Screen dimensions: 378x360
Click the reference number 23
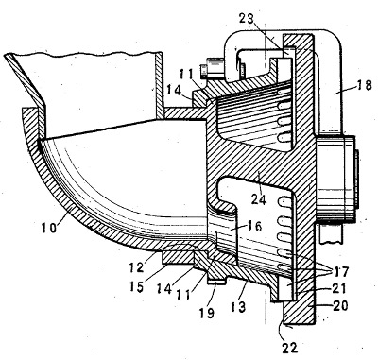pos(247,18)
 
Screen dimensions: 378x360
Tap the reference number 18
pos(364,85)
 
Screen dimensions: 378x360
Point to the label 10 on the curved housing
pos(49,227)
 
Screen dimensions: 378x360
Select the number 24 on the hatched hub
pos(259,199)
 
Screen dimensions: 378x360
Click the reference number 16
pos(254,226)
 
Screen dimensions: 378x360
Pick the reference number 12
pos(136,267)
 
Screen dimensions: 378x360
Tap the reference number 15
pos(136,286)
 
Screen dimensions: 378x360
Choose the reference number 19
pos(206,313)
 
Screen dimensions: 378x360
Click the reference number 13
pos(238,307)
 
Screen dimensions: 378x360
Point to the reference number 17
pos(341,271)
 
